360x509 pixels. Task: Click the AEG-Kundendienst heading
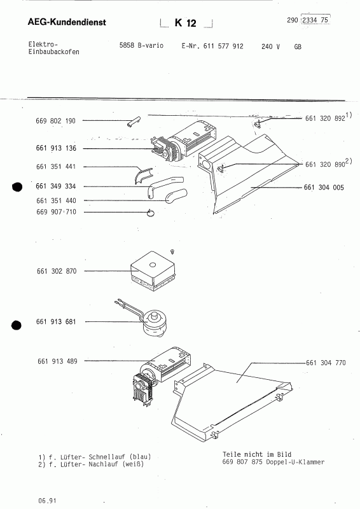[x=67, y=23]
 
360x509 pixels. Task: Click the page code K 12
[x=186, y=24]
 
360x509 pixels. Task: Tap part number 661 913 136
[x=56, y=148]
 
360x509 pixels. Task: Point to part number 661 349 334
[x=56, y=186]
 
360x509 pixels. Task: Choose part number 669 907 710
[x=56, y=212]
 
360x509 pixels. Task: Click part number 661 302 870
[x=56, y=271]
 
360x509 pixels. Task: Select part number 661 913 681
[x=56, y=322]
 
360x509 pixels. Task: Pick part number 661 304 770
[x=325, y=362]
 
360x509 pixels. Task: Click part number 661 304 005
[x=325, y=188]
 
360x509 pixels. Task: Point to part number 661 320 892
[x=325, y=118]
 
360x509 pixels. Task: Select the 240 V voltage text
[x=271, y=47]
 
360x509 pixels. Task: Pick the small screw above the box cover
[x=172, y=253]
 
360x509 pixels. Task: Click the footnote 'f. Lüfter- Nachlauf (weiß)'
[x=92, y=464]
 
